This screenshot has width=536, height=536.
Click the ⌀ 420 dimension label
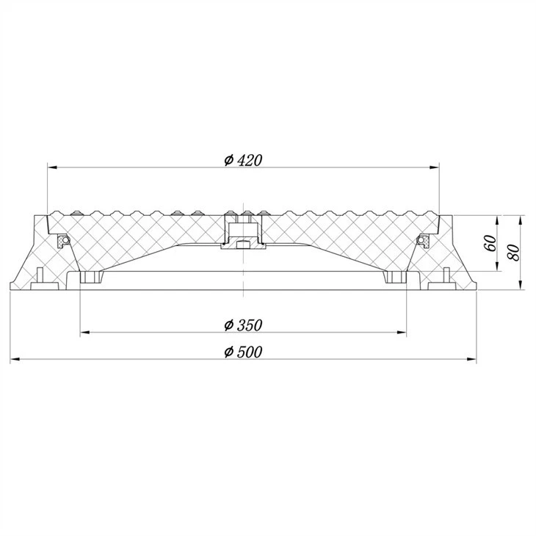click(x=243, y=160)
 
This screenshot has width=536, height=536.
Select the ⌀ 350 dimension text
click(x=243, y=325)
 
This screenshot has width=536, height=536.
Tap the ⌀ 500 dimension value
click(x=243, y=352)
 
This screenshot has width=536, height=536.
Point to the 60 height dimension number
click(x=490, y=243)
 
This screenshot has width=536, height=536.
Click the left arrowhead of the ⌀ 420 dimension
click(x=52, y=167)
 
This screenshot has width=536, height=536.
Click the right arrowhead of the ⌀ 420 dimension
click(x=435, y=167)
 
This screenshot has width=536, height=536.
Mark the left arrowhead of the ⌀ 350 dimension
click(x=84, y=333)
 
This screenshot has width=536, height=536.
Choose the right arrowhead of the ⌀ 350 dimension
click(x=402, y=333)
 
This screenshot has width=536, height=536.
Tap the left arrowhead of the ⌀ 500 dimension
click(x=15, y=359)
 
